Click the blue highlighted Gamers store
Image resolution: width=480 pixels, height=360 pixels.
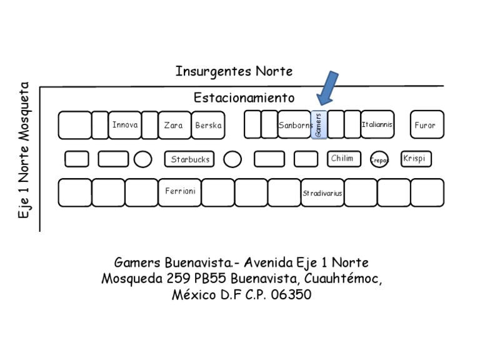pyautogui.click(x=319, y=125)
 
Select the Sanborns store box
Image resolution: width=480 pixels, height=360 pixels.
pyautogui.click(x=294, y=125)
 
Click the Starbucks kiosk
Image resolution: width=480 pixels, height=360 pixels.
pyautogui.click(x=190, y=159)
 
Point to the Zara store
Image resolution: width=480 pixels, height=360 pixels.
pyautogui.click(x=174, y=125)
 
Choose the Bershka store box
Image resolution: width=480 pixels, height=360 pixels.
pyautogui.click(x=208, y=125)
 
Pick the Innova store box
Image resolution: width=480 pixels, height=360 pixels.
pyautogui.click(x=124, y=125)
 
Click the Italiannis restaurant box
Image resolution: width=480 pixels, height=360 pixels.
pyautogui.click(x=377, y=124)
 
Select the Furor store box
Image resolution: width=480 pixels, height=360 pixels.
pyautogui.click(x=426, y=125)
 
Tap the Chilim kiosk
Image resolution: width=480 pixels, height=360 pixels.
pyautogui.click(x=343, y=159)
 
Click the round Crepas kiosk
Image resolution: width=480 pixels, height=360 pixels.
pyautogui.click(x=379, y=160)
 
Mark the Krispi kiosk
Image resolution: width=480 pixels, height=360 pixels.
pyautogui.click(x=415, y=159)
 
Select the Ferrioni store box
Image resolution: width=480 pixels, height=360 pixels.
pyautogui.click(x=180, y=192)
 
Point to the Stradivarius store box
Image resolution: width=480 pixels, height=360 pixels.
pyautogui.click(x=322, y=193)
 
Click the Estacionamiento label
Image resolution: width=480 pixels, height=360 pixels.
pyautogui.click(x=244, y=98)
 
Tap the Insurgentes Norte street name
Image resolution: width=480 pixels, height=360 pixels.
pyautogui.click(x=234, y=71)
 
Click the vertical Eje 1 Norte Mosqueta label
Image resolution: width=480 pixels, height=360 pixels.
pyautogui.click(x=25, y=150)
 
